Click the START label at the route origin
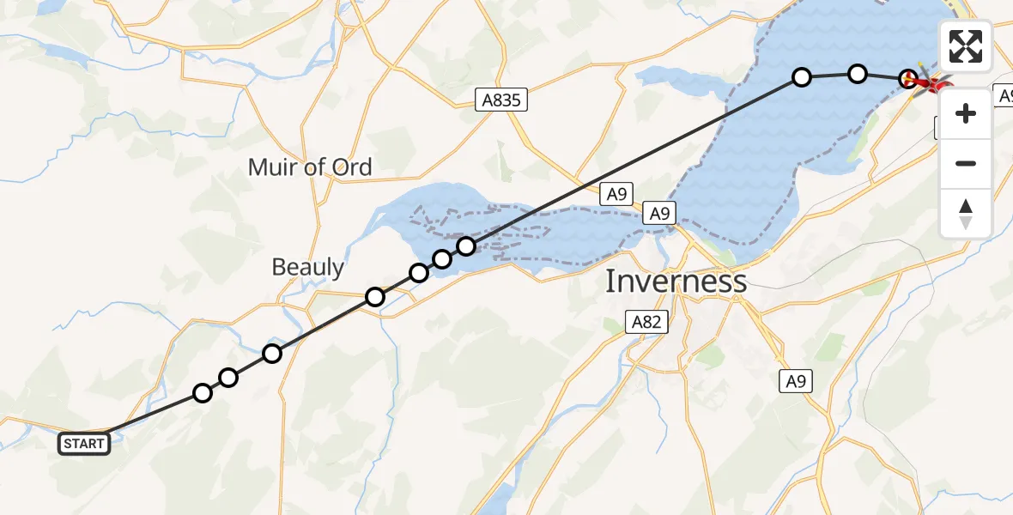pyautogui.click(x=84, y=444)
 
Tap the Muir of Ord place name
pyautogui.click(x=310, y=167)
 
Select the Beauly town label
pyautogui.click(x=307, y=267)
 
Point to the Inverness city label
pyautogui.click(x=676, y=281)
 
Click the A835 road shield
pyautogui.click(x=501, y=100)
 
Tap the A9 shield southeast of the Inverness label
pyautogui.click(x=796, y=382)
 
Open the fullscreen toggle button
pyautogui.click(x=966, y=46)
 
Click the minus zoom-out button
pyautogui.click(x=966, y=164)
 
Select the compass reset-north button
pyautogui.click(x=966, y=214)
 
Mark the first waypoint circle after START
pyautogui.click(x=203, y=393)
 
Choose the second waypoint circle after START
pyautogui.click(x=228, y=378)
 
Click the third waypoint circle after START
pyautogui.click(x=272, y=354)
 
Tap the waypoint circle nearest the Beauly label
pyautogui.click(x=375, y=297)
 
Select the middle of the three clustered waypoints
pyautogui.click(x=442, y=259)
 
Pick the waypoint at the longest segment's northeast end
pyautogui.click(x=801, y=78)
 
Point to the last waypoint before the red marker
pyautogui.click(x=907, y=80)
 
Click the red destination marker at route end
pyautogui.click(x=931, y=84)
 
